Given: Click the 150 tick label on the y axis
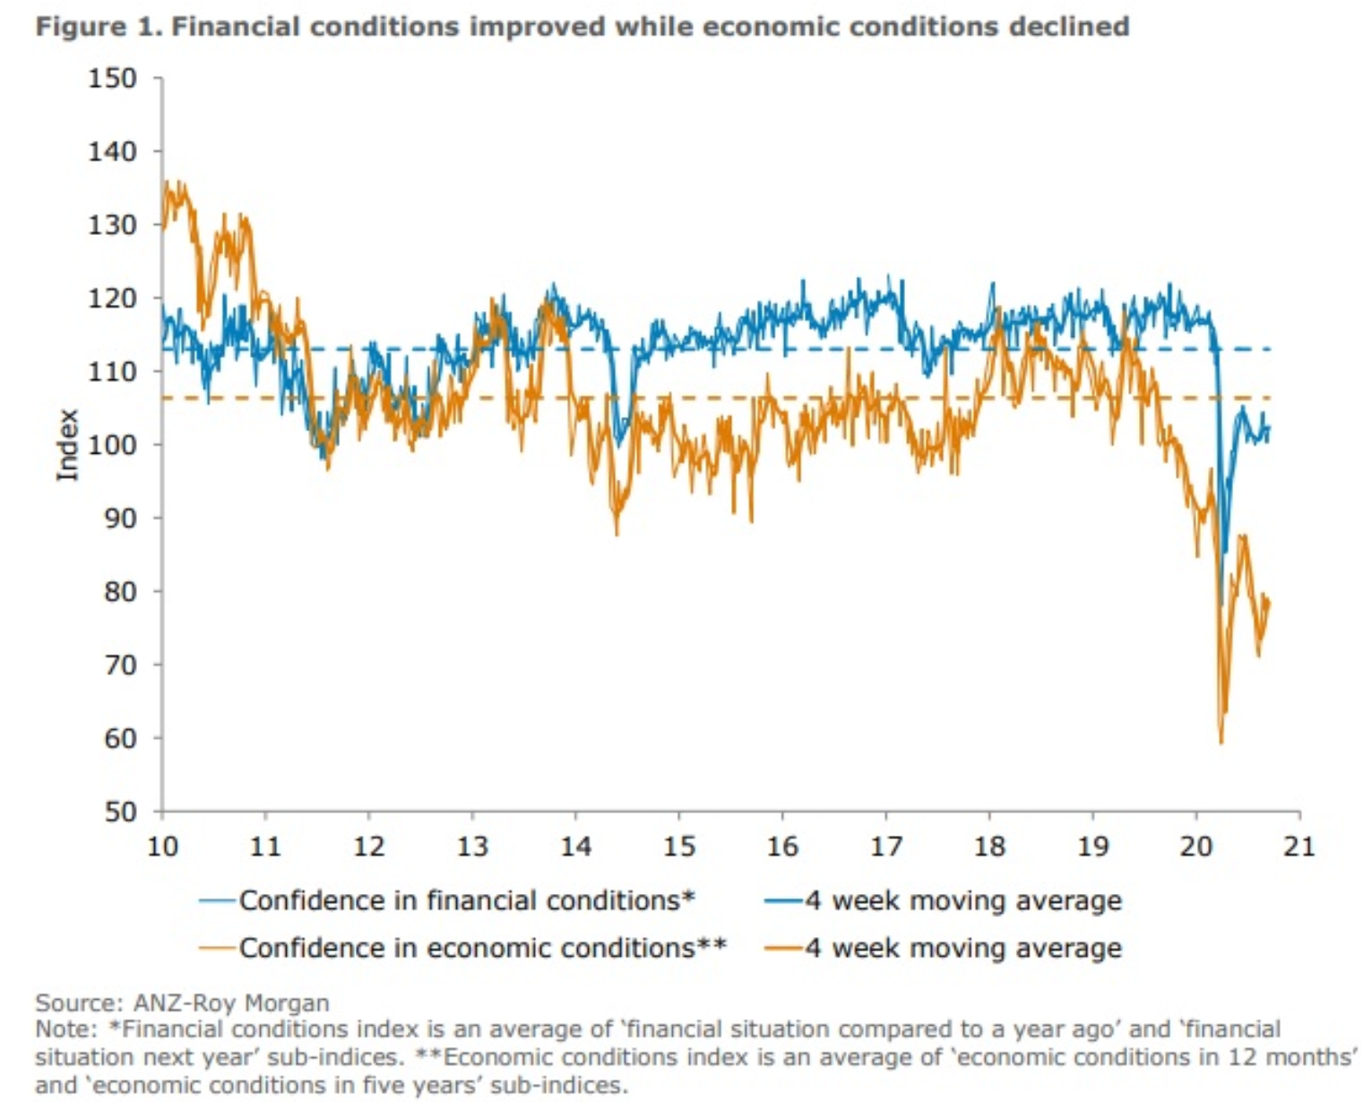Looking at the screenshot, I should (112, 79).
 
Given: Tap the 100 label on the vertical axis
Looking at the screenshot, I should (112, 445).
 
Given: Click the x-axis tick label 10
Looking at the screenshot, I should (162, 846).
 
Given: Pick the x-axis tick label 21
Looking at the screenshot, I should (1298, 846).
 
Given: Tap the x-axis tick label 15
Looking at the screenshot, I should (678, 846).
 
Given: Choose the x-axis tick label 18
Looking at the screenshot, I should (988, 846).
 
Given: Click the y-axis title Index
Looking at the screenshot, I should (68, 445).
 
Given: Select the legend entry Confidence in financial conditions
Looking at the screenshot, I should (466, 899).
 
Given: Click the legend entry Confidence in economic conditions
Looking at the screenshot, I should (482, 947).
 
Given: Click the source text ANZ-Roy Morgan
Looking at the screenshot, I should (231, 1002).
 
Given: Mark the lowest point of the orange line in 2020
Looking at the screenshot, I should (1221, 742).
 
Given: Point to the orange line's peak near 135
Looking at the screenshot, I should (166, 182).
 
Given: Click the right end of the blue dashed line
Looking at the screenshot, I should (1270, 349).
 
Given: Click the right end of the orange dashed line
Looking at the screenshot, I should (1270, 397).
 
